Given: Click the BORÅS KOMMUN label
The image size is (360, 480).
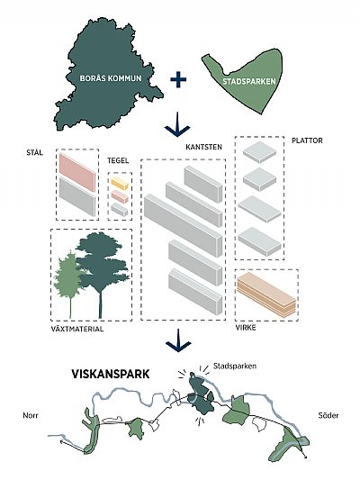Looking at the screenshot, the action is [111, 78].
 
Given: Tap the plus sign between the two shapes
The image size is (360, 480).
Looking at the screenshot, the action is [178, 79].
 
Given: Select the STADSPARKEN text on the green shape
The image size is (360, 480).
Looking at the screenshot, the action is [249, 82].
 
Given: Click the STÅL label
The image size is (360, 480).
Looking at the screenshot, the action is [34, 152].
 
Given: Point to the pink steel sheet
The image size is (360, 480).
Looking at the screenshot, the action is [77, 172].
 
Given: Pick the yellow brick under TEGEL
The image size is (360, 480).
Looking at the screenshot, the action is [120, 184].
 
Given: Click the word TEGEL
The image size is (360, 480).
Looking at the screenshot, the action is [118, 160].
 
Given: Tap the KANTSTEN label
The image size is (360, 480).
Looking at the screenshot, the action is [203, 148].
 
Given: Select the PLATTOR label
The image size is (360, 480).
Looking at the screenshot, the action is [307, 140].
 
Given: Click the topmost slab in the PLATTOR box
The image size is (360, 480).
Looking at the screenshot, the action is [260, 152].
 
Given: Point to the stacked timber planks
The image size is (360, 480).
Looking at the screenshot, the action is [266, 294].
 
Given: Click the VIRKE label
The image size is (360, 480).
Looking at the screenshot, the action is [246, 328].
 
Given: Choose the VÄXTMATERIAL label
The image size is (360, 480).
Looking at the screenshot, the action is [77, 329].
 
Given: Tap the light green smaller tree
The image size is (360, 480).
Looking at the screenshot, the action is [67, 276].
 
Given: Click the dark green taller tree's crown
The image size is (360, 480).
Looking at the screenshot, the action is [103, 260].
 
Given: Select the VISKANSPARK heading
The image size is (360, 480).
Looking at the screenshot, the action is [111, 374].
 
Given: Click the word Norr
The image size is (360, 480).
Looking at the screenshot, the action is [31, 415].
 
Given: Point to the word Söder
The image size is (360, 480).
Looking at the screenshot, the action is [328, 415].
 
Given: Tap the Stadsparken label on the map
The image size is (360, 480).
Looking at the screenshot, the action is [235, 366].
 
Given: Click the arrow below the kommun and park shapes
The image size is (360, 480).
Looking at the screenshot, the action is [177, 124].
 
